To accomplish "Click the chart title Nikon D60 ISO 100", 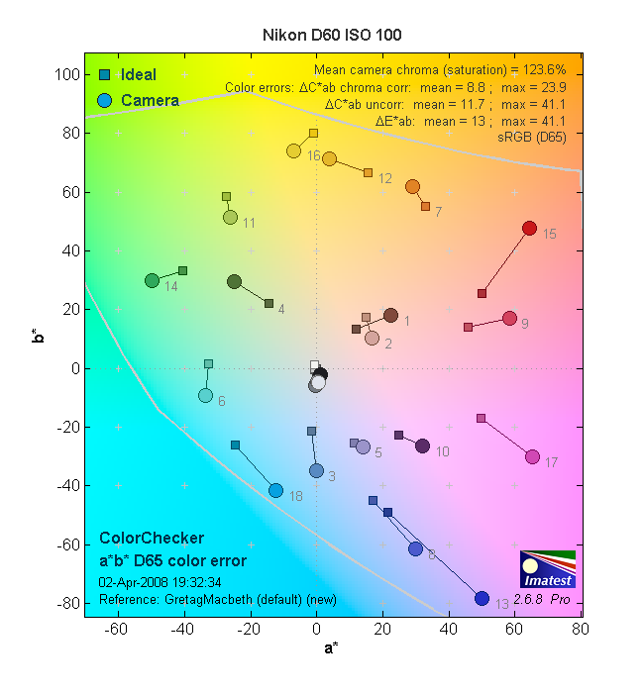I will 331,35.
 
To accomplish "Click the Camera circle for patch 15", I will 529,229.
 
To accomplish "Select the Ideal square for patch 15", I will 483,293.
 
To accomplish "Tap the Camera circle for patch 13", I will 483,598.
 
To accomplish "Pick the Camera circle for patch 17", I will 532,456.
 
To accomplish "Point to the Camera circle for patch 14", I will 152,281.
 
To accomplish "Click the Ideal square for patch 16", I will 313,133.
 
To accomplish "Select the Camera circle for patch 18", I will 275,490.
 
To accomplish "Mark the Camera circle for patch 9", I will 509,319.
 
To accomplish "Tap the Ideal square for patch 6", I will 208,364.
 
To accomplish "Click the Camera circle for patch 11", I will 230,217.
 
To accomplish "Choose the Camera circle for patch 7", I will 412,187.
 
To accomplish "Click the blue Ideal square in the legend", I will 104,75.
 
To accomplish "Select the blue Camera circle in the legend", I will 104,100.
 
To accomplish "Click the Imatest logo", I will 546,569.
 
